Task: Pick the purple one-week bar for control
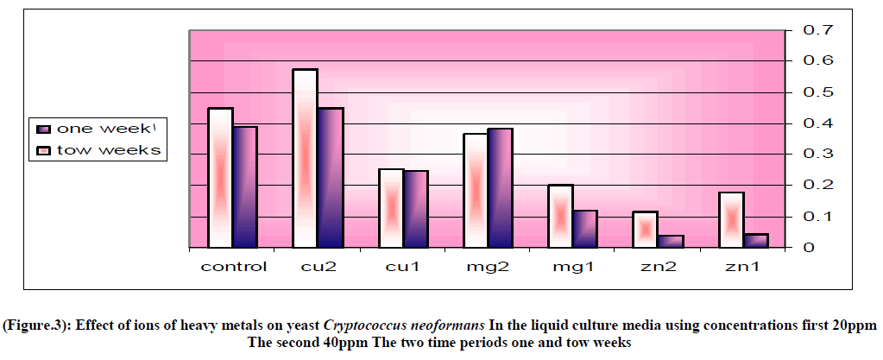[245, 187]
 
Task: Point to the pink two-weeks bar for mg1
[559, 216]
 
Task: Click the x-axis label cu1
[403, 266]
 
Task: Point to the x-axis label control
[234, 266]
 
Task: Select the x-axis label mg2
[488, 266]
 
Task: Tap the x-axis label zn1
[742, 266]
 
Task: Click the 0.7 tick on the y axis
[818, 30]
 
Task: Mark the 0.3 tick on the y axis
[818, 155]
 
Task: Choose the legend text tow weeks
[109, 151]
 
